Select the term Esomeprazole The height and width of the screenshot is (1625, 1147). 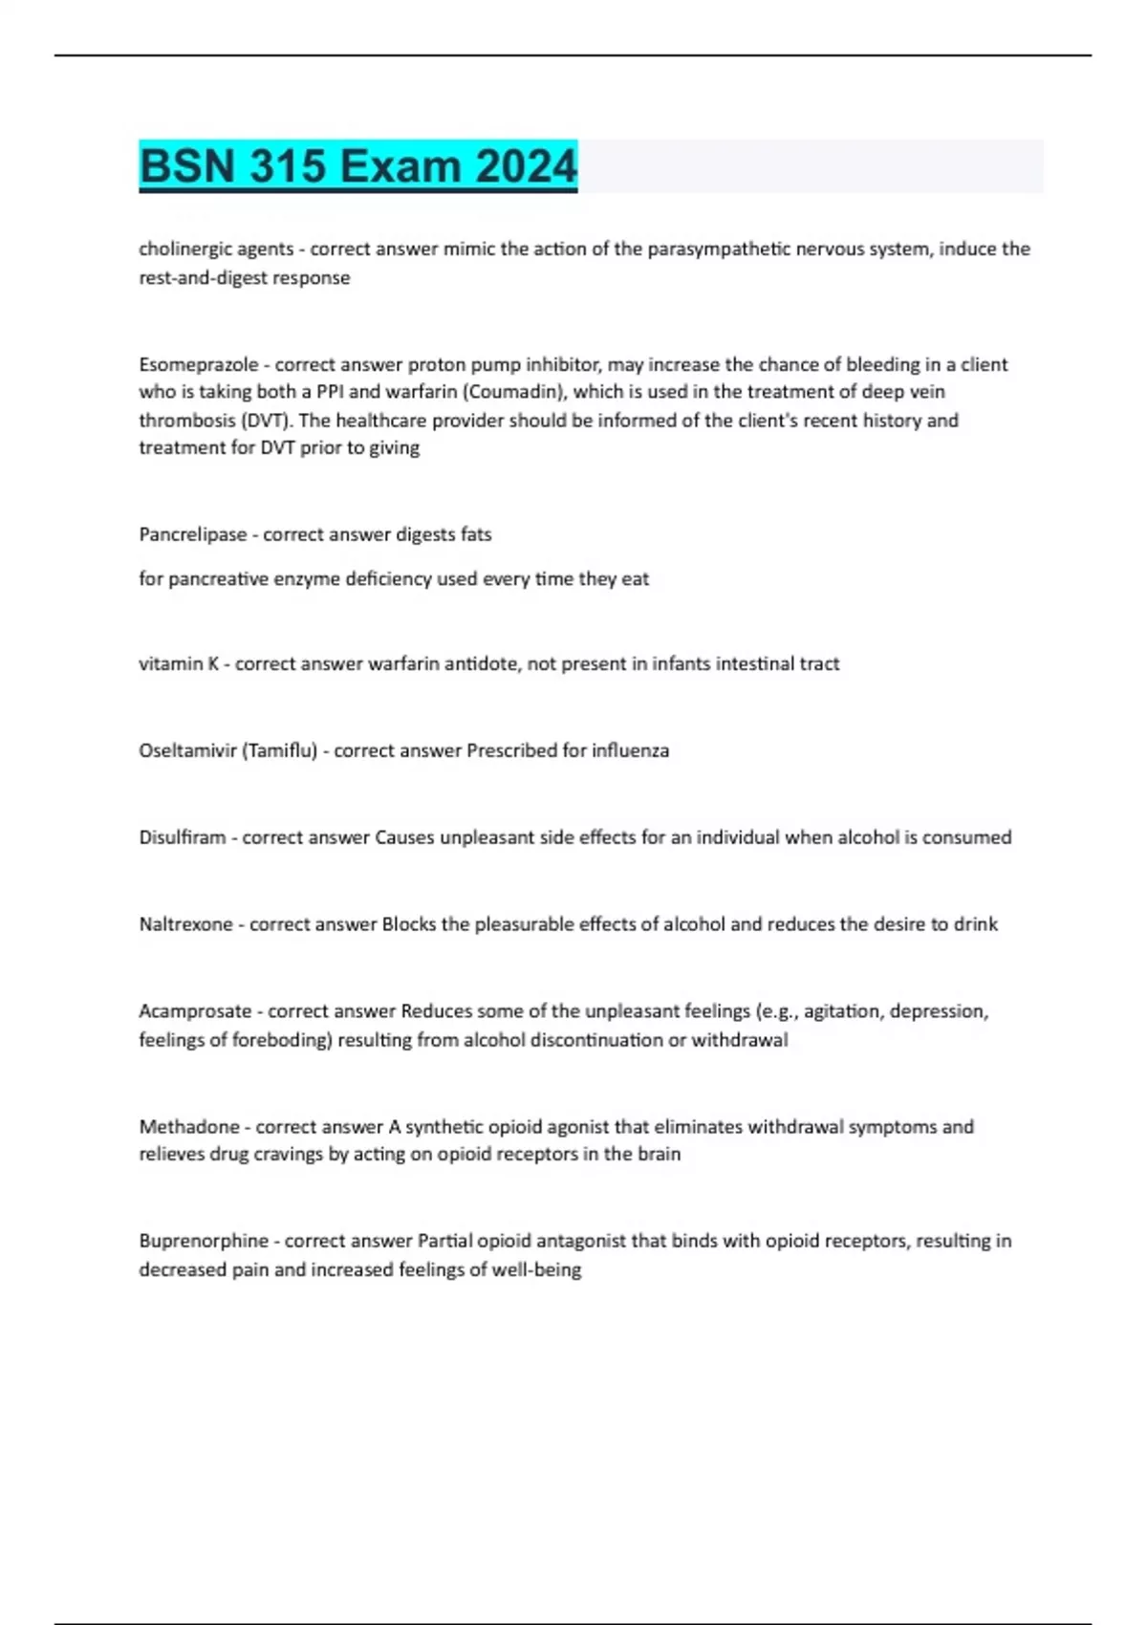click(198, 364)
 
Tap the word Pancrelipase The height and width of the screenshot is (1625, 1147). click(192, 534)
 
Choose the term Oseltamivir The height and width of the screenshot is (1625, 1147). click(187, 750)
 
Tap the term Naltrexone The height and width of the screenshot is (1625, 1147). click(185, 924)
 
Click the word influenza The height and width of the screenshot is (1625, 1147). click(629, 750)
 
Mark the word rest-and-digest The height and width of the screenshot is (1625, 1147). click(203, 278)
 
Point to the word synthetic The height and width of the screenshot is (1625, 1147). click(444, 1127)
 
